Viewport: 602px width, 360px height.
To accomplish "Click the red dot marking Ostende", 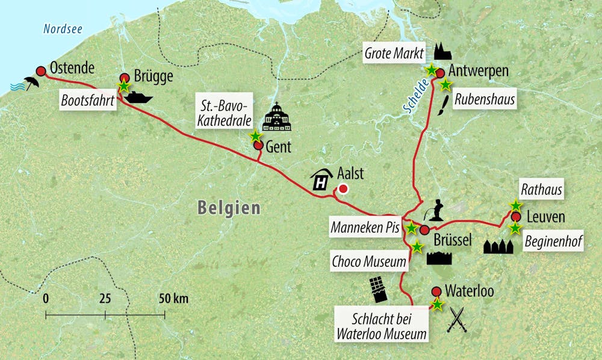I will tap(41, 70).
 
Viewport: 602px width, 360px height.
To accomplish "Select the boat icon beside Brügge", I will tap(138, 97).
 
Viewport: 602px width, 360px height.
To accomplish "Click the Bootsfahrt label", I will tap(88, 100).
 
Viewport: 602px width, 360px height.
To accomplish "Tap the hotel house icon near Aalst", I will tap(321, 179).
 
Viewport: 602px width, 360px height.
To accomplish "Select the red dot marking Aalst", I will tap(343, 190).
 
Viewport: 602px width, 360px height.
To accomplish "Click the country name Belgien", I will tap(229, 208).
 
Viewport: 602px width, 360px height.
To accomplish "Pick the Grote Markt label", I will tap(394, 52).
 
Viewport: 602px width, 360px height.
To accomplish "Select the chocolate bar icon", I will tap(379, 290).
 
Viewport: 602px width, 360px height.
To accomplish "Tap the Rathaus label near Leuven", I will tap(542, 191).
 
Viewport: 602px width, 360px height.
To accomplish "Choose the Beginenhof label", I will tap(548, 243).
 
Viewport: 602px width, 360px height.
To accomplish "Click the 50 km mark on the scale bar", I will tap(165, 314).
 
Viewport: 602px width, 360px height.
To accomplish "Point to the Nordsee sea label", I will tap(62, 28).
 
